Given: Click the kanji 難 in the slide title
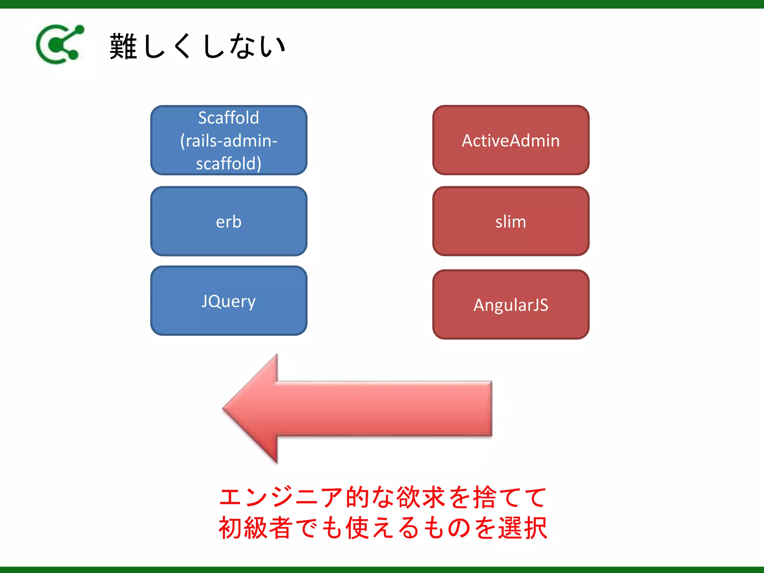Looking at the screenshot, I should point(123,46).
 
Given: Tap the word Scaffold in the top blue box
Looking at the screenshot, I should point(228,118).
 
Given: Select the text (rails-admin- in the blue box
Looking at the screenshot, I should point(228,141).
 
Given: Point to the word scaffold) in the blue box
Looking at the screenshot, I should point(228,164).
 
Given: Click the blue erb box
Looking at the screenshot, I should point(228,221).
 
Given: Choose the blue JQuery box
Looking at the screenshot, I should point(228,301).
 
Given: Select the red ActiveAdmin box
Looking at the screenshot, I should point(511,140).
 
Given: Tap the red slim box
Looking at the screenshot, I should point(511,221).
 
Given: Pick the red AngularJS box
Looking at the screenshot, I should point(511,304).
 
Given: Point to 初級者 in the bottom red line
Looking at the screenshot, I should point(255,528).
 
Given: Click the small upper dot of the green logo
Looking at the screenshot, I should point(79,29).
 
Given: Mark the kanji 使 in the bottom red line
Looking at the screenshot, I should point(358,528).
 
